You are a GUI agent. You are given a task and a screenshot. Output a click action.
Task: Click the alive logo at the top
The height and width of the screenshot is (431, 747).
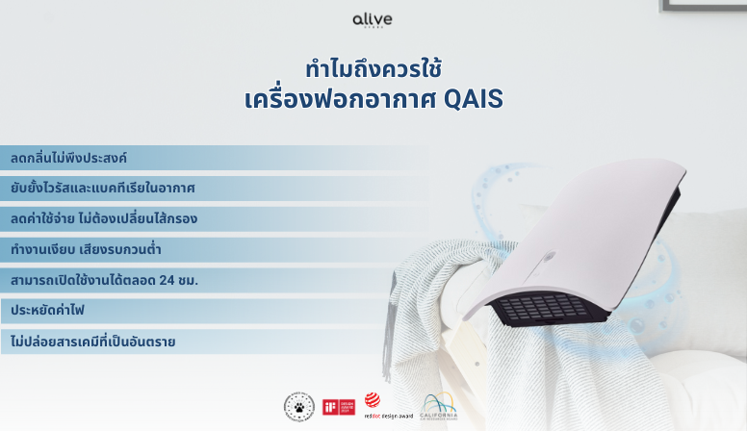point(373,20)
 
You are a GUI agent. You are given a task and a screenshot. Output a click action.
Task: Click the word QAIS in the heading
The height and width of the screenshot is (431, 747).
point(474,99)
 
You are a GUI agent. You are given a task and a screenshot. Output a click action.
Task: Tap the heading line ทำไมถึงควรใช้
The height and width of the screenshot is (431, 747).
point(373,69)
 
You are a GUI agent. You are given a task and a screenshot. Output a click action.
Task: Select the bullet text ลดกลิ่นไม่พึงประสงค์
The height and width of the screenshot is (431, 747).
point(69,157)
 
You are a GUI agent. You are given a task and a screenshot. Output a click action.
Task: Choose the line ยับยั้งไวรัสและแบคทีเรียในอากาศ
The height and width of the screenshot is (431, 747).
point(103,188)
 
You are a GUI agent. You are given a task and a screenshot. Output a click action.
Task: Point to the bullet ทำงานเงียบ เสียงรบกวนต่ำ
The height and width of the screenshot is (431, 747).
point(86,249)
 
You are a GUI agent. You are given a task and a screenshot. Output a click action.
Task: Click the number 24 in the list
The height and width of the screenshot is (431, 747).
point(169,280)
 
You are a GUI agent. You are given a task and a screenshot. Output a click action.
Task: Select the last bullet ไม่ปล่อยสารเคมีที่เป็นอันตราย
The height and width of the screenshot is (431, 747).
point(92,342)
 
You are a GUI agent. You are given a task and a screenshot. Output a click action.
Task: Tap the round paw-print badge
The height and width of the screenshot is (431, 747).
point(299,407)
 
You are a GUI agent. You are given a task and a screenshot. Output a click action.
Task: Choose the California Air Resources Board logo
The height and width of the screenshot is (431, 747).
point(439,407)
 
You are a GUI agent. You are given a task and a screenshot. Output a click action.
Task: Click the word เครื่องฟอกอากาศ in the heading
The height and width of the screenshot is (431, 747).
point(342,99)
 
